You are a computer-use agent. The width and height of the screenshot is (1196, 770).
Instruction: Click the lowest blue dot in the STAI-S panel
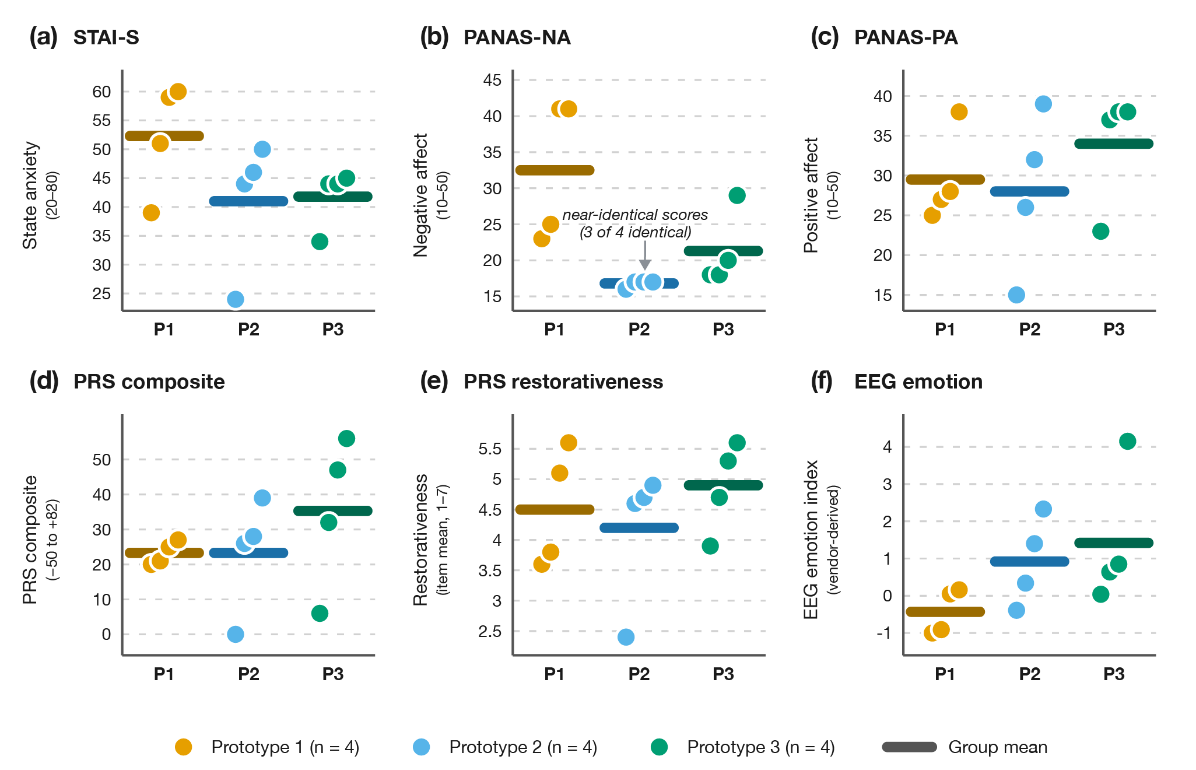coord(235,299)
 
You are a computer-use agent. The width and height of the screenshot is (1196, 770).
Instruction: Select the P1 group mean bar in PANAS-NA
coord(555,170)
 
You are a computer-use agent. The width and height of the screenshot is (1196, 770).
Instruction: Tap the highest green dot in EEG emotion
coord(1127,441)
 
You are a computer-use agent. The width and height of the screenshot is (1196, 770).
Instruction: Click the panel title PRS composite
coord(149,381)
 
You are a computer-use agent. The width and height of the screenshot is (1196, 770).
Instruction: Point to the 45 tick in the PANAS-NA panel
coord(492,80)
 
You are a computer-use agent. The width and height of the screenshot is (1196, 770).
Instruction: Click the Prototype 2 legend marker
coord(421,747)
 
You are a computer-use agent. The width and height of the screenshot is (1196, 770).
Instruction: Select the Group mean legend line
coord(909,747)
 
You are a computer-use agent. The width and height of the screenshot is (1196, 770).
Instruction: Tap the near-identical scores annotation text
coord(635,223)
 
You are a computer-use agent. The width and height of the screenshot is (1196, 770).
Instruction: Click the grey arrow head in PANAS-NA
coord(644,264)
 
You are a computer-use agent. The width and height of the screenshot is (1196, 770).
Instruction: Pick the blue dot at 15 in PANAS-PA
coord(1016,295)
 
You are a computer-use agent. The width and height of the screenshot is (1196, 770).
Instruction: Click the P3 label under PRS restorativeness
coord(723,674)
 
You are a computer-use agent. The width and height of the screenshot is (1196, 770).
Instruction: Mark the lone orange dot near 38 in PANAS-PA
coord(959,111)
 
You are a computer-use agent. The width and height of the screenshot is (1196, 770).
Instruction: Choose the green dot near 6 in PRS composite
coord(320,613)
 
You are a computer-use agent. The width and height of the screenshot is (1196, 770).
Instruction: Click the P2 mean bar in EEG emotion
coord(1029,561)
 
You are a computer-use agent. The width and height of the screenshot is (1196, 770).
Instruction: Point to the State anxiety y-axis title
coord(30,195)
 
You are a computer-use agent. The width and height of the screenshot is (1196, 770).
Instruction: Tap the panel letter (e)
coord(434,381)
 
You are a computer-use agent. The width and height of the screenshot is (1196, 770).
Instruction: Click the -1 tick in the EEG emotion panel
coord(884,633)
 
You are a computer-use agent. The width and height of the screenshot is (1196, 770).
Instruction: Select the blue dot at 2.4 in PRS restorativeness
coord(626,636)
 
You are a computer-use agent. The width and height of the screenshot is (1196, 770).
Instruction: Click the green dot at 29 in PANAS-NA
coord(736,195)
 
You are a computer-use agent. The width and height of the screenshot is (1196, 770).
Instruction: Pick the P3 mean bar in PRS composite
coord(332,510)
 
